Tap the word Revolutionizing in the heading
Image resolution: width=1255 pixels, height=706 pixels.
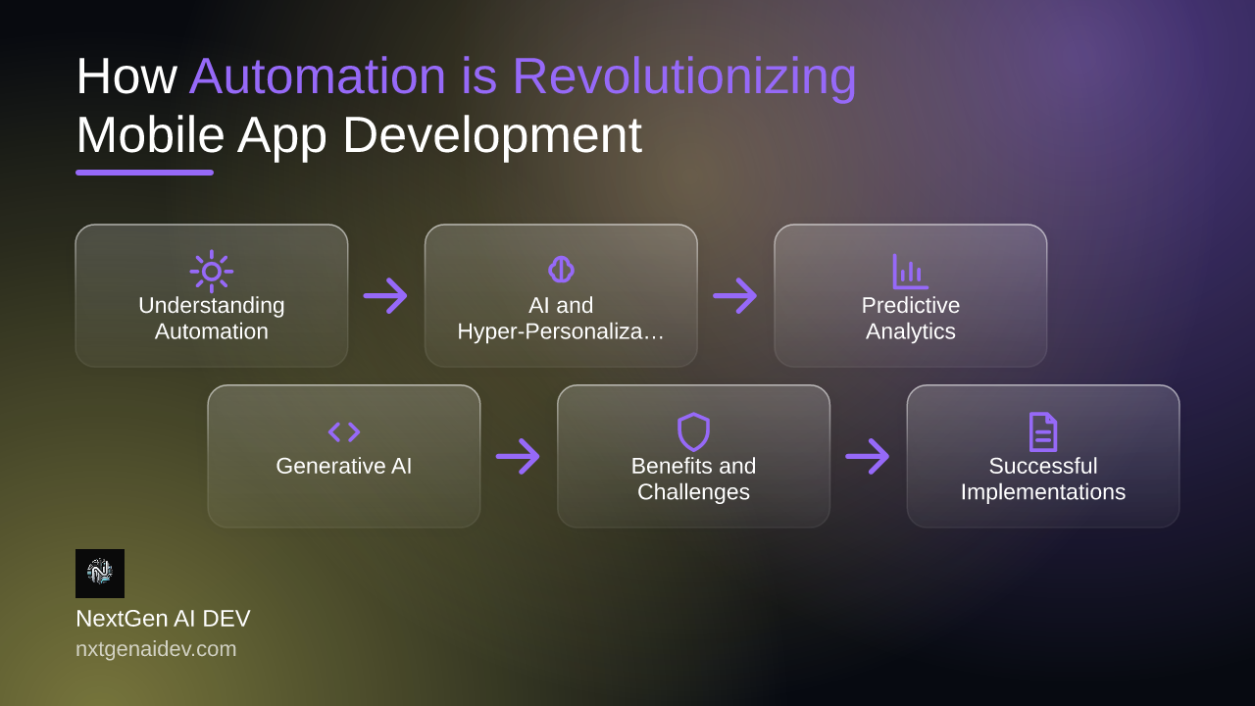click(684, 79)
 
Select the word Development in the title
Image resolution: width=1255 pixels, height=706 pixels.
click(492, 137)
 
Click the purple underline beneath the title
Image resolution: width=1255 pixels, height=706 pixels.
click(144, 173)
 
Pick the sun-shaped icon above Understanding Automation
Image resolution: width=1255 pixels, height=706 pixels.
click(211, 272)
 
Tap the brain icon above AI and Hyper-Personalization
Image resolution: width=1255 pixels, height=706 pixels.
click(561, 270)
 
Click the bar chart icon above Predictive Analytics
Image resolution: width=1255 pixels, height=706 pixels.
click(910, 272)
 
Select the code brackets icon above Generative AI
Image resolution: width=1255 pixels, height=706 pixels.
click(344, 432)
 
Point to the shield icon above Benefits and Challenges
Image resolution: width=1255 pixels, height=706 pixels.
click(693, 432)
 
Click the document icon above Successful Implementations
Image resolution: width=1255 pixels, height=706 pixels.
click(1043, 432)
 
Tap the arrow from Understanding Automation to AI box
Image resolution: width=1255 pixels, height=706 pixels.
click(385, 295)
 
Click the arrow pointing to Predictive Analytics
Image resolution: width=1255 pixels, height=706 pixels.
click(735, 295)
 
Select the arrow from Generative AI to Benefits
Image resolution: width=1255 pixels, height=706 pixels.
click(518, 456)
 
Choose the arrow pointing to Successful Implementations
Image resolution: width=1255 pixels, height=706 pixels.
click(868, 456)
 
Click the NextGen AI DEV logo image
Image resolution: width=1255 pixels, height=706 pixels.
click(100, 574)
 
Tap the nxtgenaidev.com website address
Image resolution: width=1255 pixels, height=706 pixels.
click(156, 649)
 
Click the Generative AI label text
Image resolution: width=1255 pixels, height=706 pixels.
click(344, 466)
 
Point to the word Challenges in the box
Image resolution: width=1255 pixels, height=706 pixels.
click(693, 492)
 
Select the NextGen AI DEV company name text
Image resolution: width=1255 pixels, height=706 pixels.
click(163, 619)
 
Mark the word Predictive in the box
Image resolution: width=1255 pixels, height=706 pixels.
click(911, 305)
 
